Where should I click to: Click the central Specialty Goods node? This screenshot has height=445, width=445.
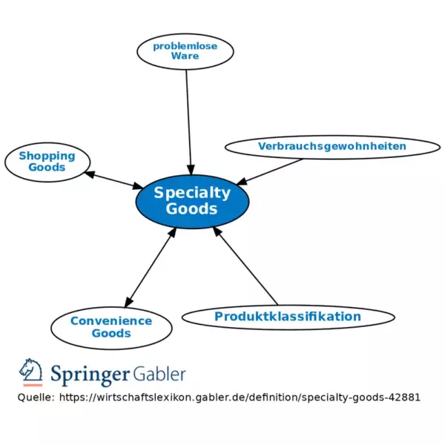(x=192, y=202)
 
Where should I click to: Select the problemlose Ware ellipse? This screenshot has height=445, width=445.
(x=185, y=51)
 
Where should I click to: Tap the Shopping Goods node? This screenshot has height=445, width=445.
(x=47, y=162)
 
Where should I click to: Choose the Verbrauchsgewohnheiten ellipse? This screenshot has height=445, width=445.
(x=332, y=147)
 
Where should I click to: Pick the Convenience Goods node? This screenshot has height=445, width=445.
(x=111, y=328)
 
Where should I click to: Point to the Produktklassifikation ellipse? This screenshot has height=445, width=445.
(x=288, y=317)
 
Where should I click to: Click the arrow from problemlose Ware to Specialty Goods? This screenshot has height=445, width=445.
(x=188, y=122)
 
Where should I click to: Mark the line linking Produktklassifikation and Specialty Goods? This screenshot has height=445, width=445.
(x=245, y=266)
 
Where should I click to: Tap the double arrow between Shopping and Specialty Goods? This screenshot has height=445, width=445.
(x=113, y=180)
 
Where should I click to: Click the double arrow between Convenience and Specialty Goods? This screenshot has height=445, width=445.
(x=151, y=267)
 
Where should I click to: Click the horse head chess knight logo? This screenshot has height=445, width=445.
(x=31, y=370)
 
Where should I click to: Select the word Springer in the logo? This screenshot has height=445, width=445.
(x=90, y=375)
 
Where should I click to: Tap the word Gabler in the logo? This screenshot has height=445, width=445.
(x=159, y=374)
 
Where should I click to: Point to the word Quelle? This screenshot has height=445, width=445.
(x=36, y=398)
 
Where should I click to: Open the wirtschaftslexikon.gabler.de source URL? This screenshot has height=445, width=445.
(x=240, y=398)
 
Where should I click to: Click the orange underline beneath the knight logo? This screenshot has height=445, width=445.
(x=33, y=385)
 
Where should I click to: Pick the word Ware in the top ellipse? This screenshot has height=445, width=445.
(x=185, y=56)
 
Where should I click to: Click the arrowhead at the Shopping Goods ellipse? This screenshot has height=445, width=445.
(x=89, y=174)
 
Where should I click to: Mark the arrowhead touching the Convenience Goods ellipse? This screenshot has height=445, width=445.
(x=128, y=303)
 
